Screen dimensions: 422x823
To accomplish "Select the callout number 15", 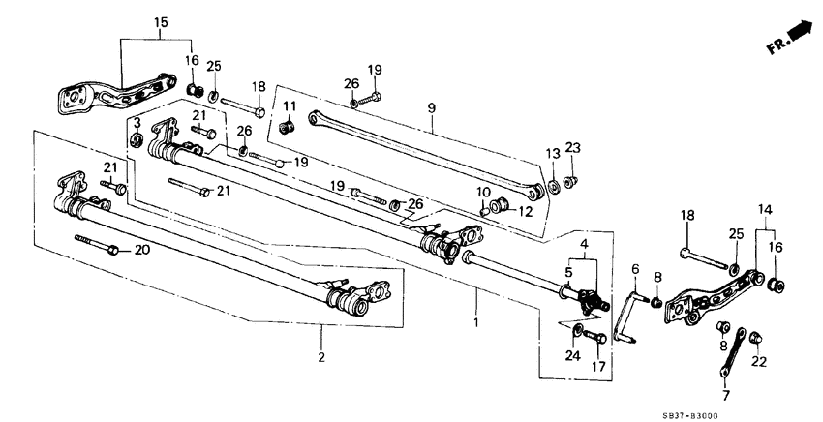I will click(x=161, y=21).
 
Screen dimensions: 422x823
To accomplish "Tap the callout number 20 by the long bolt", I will click(x=141, y=251).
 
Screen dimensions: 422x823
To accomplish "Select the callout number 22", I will click(x=758, y=361).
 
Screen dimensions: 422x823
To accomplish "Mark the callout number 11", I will click(x=288, y=105).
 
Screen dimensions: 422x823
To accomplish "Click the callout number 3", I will click(x=137, y=124).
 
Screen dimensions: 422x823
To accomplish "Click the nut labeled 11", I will click(x=286, y=127).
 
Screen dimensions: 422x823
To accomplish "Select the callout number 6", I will click(x=635, y=270).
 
